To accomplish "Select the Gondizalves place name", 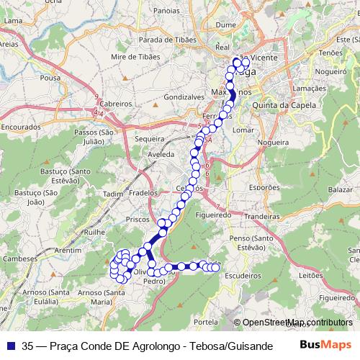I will (x=184, y=96).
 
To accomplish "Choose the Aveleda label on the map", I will (x=161, y=154).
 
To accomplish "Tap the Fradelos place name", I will (x=143, y=193).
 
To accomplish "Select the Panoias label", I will (x=166, y=11).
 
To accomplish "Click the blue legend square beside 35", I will (x=9, y=346).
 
